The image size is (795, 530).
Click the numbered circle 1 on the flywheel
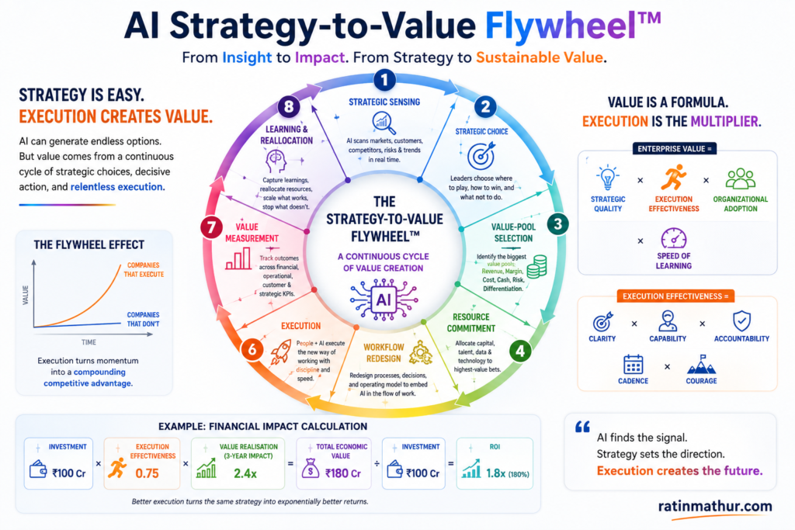(x=384, y=80)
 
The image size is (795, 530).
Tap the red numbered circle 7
(x=211, y=227)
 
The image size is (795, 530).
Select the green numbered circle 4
(x=520, y=350)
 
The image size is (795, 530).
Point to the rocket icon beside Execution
(x=280, y=352)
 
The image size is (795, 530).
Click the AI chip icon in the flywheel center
(x=384, y=300)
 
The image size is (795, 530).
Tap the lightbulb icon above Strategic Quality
(x=607, y=178)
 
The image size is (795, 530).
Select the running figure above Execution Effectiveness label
(x=673, y=178)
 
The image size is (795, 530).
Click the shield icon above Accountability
(x=741, y=320)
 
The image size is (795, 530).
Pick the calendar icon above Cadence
(x=634, y=364)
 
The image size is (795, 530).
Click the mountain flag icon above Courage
(x=701, y=364)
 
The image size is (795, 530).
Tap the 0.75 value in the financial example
(x=147, y=473)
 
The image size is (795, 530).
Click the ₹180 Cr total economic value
(x=343, y=473)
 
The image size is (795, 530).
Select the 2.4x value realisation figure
(x=245, y=473)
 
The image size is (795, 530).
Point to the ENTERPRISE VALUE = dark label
(x=675, y=149)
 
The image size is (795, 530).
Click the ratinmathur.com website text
(x=715, y=506)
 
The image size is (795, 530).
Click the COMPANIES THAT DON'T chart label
(x=143, y=319)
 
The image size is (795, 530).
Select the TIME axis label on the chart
(x=89, y=342)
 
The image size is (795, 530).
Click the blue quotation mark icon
(x=582, y=427)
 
